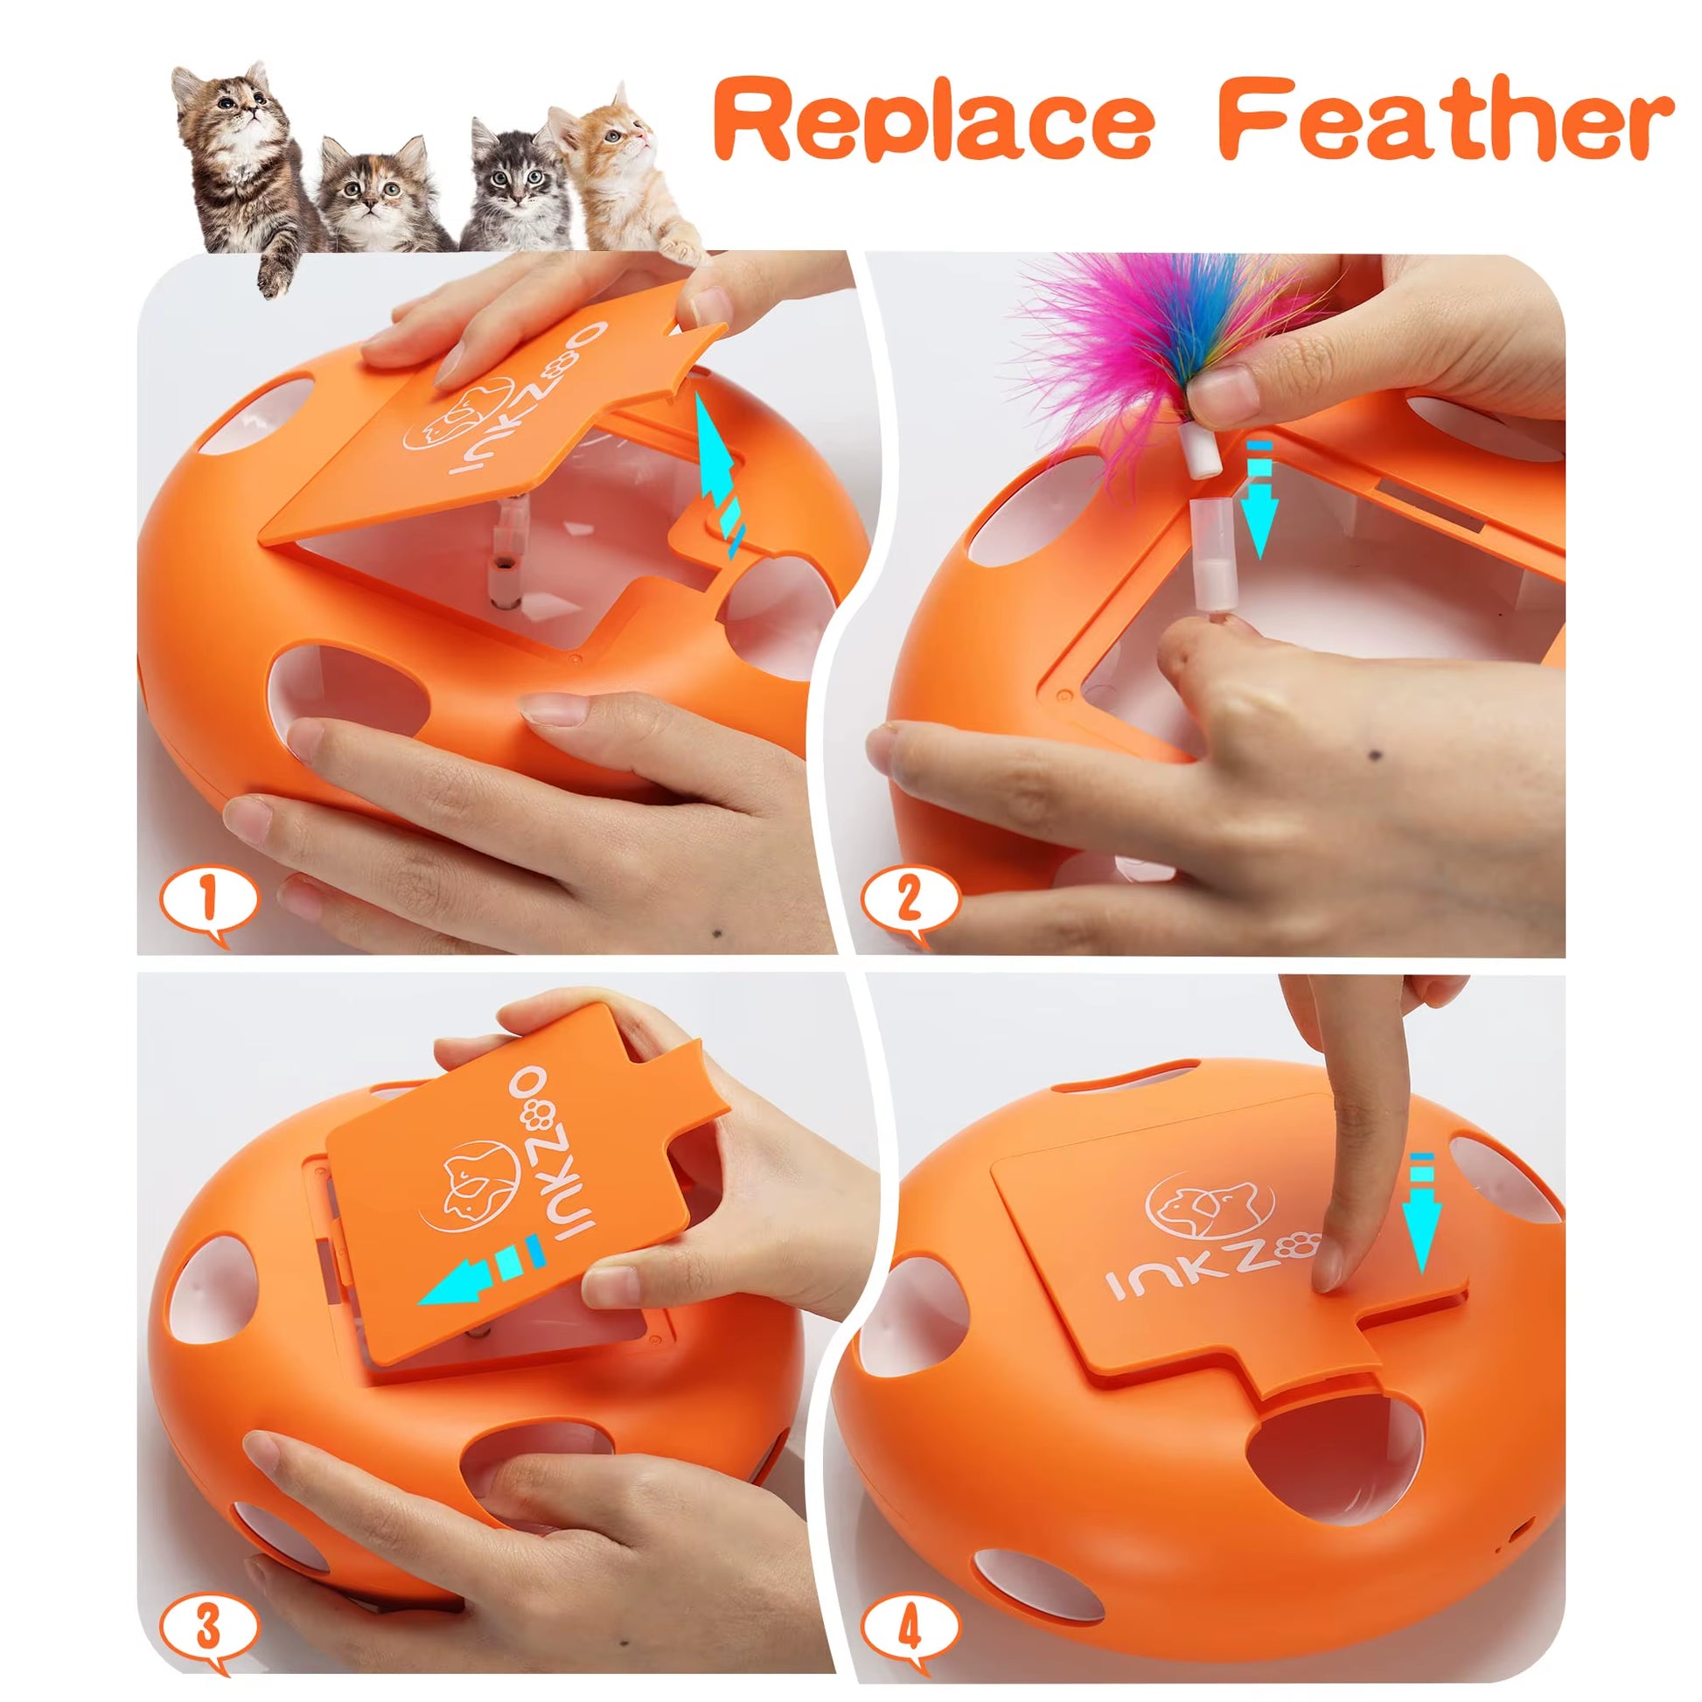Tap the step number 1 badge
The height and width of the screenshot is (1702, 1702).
(x=208, y=901)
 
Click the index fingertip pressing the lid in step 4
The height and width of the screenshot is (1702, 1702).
(x=1327, y=1268)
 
